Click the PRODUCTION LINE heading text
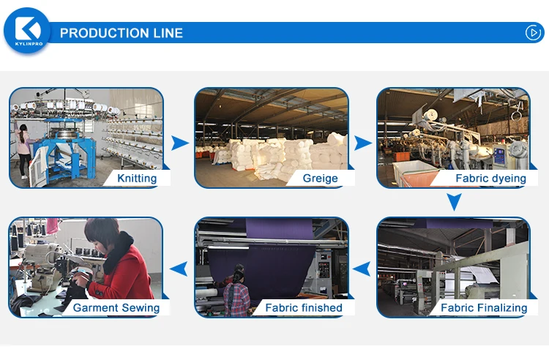[x=122, y=33]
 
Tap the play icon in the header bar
[x=532, y=32]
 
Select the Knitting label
[x=137, y=178]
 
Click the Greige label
[x=321, y=178]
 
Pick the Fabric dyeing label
[x=490, y=178]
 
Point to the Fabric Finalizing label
[x=484, y=307]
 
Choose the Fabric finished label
[x=303, y=307]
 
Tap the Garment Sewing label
[x=116, y=307]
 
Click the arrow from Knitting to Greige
[x=179, y=143]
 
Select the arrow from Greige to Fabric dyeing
[x=362, y=143]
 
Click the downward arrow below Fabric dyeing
[x=455, y=202]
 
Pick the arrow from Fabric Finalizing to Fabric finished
[x=362, y=270]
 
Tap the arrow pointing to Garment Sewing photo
[x=179, y=270]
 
